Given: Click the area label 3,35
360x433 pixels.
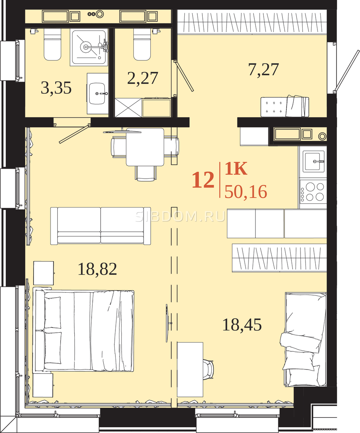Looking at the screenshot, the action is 56,88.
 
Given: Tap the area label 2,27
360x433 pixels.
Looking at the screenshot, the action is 143,78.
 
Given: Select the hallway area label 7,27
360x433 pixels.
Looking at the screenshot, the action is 263,70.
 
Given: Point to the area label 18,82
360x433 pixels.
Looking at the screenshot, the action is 97,269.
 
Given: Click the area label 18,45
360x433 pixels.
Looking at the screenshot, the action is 242,325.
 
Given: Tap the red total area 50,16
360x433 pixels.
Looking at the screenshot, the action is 246,192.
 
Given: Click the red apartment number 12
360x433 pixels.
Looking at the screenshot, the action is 203,180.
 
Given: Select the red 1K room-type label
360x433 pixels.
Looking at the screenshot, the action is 236,169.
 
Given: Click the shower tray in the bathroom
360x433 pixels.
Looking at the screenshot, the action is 89,47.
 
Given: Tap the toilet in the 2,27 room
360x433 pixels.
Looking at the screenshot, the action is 142,44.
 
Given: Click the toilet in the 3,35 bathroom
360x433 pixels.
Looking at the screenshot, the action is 52,44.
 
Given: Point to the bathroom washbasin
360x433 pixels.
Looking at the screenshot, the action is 97,93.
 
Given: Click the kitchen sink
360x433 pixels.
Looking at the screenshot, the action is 313,161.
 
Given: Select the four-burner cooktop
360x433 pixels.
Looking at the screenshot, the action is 313,191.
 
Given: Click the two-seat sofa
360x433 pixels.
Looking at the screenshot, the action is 101,226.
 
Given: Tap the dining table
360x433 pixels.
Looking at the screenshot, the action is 145,147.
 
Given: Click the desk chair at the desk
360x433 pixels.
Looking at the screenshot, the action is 208,370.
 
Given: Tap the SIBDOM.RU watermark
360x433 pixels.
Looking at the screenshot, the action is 180,217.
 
